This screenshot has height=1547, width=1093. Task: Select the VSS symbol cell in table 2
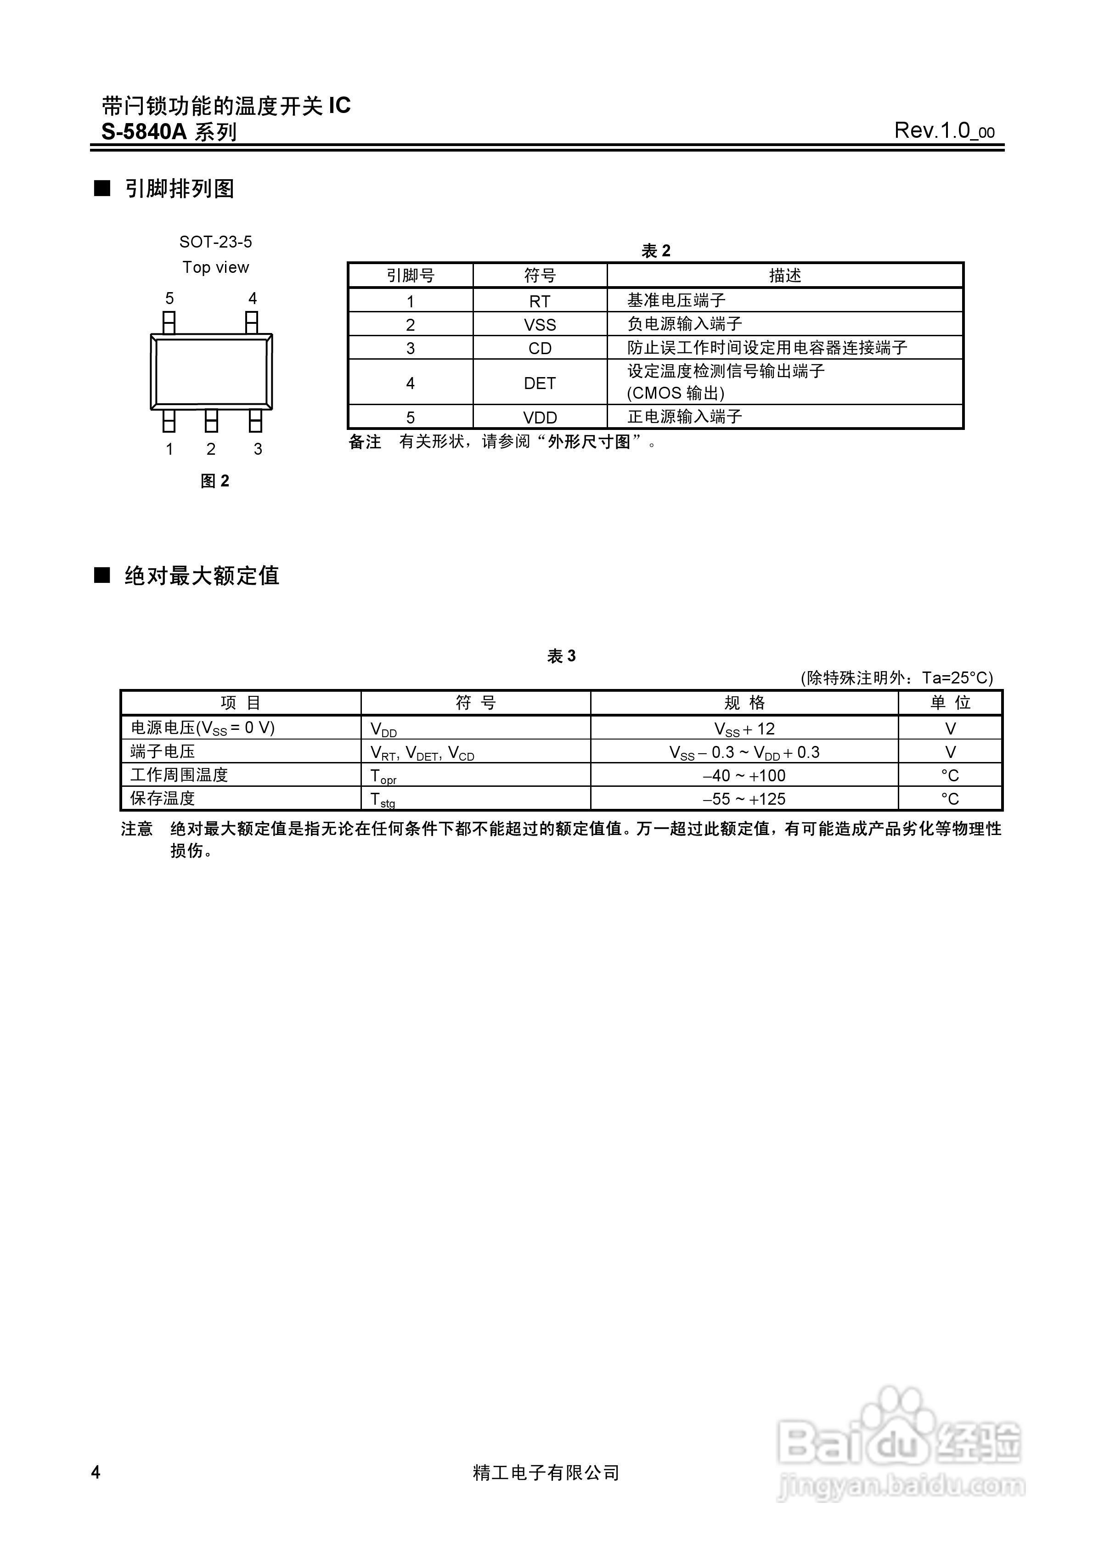pyautogui.click(x=540, y=325)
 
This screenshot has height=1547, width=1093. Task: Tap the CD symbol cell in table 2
pyautogui.click(x=540, y=348)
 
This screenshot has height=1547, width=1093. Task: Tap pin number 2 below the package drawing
pyautogui.click(x=211, y=449)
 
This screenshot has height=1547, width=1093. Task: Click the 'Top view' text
pyautogui.click(x=216, y=267)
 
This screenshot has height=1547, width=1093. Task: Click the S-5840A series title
pyautogui.click(x=169, y=131)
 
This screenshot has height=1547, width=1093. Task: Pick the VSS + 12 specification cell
pyautogui.click(x=744, y=729)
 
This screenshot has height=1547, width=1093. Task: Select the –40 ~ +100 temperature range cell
pyautogui.click(x=744, y=775)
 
